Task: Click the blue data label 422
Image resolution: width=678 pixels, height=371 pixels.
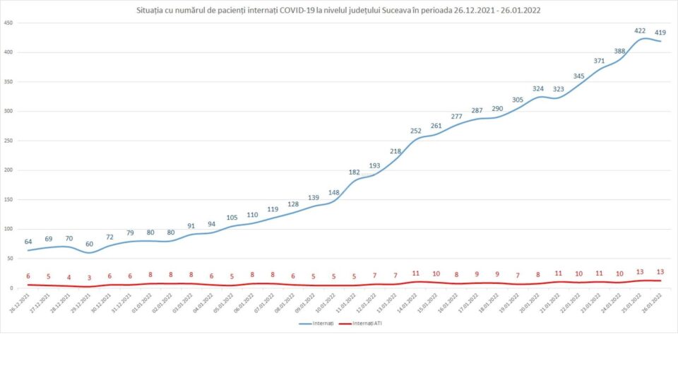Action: (641, 30)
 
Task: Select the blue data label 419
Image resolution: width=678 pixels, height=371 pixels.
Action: (660, 33)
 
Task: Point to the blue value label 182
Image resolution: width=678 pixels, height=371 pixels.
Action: (354, 172)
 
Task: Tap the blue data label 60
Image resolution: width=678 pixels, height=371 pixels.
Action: (90, 244)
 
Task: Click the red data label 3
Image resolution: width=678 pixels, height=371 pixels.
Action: (90, 278)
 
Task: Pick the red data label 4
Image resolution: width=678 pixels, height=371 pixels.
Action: (69, 277)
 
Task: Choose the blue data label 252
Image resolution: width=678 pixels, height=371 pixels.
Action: (415, 131)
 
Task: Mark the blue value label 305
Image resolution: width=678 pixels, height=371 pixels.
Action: (518, 100)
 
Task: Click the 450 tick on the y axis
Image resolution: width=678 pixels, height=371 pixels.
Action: (8, 23)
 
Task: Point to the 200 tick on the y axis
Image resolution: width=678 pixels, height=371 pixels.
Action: (8, 170)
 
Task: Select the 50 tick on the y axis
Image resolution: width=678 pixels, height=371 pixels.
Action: (10, 259)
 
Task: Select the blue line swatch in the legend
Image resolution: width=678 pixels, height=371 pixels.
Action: (307, 324)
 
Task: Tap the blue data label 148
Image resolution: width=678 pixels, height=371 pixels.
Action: (334, 193)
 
